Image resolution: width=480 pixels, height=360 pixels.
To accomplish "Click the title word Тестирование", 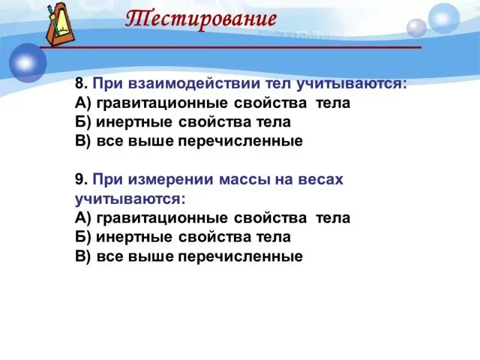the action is tap(201, 19).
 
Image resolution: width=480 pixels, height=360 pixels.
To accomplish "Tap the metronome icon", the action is tap(59, 24).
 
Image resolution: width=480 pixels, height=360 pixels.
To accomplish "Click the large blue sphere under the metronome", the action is tap(28, 63).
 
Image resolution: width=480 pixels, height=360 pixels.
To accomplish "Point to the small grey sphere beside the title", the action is tap(416, 28).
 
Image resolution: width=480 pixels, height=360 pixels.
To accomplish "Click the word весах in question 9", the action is tap(320, 180).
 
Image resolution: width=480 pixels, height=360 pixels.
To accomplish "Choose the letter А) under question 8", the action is tap(83, 103).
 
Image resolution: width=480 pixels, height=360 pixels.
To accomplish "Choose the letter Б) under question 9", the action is tap(83, 237).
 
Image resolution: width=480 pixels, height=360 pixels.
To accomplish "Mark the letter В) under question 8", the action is tap(83, 142).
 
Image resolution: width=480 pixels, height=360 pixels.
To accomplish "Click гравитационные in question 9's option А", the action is tap(162, 218).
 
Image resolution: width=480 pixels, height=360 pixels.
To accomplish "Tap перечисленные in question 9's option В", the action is tap(241, 257).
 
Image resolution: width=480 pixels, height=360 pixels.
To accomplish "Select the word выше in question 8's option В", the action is tap(151, 142).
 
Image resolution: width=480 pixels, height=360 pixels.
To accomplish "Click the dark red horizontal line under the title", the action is tap(230, 47).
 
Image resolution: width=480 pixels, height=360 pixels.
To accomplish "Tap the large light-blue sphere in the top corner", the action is tap(443, 19).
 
